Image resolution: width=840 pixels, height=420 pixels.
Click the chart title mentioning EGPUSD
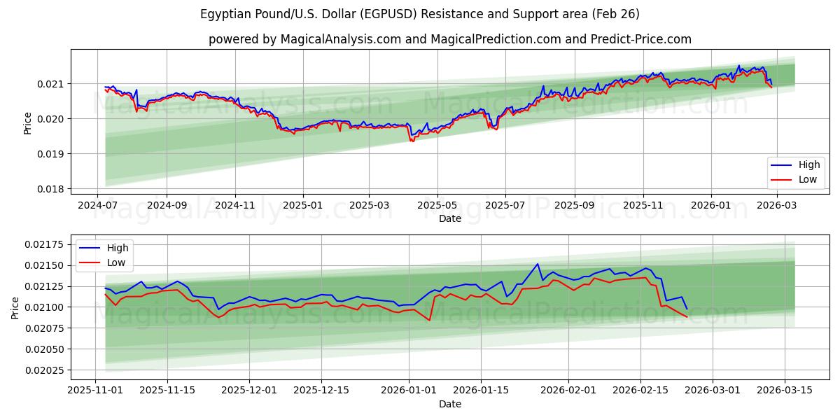tap(420, 14)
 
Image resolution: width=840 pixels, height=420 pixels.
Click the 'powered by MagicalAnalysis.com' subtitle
tap(449, 39)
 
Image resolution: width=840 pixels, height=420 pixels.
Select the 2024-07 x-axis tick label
tap(98, 205)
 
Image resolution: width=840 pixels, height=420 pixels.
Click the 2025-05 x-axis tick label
tap(437, 205)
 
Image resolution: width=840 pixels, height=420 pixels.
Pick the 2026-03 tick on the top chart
tap(777, 205)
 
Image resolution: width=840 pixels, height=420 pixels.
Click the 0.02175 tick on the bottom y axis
tap(45, 244)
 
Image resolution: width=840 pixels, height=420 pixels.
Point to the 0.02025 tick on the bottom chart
tap(45, 370)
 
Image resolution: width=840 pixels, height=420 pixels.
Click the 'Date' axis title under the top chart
tap(449, 218)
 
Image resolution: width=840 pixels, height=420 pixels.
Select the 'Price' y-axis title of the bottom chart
tap(15, 307)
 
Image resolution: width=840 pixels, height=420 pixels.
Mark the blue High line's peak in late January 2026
tap(538, 264)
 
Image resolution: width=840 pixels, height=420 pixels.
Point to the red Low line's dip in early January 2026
tap(429, 321)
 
